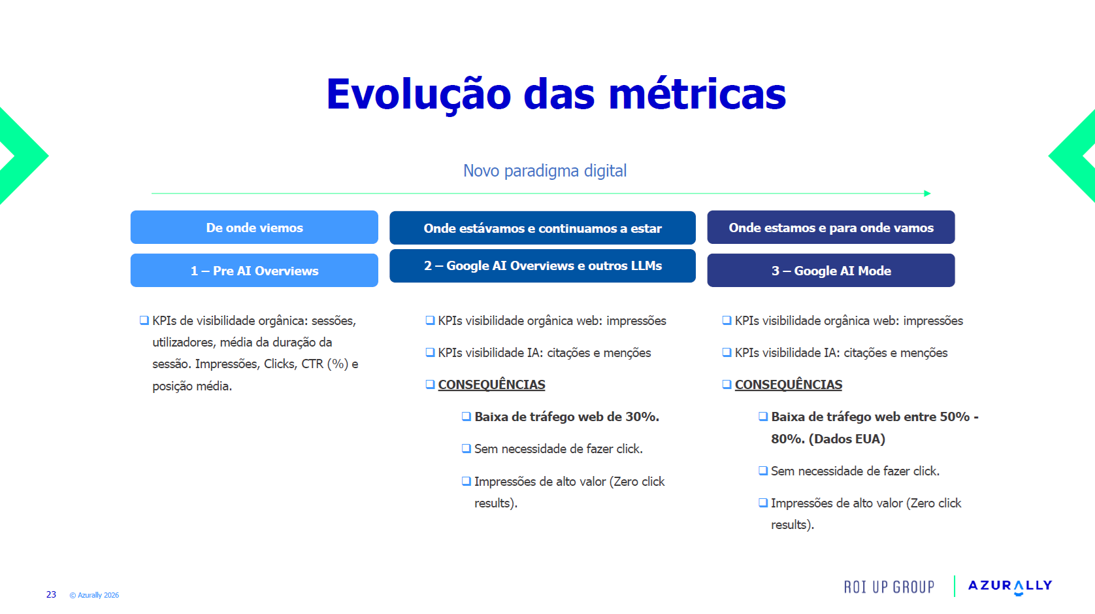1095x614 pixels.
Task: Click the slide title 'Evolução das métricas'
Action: tap(556, 94)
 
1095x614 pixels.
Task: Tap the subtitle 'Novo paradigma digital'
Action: tap(545, 171)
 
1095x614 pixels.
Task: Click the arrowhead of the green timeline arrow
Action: tap(927, 194)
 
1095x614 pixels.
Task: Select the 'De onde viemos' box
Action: tap(254, 227)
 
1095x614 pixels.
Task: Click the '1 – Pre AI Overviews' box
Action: tap(254, 270)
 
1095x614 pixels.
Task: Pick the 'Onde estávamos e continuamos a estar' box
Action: tap(543, 228)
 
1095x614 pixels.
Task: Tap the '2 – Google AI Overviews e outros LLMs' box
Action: tap(543, 265)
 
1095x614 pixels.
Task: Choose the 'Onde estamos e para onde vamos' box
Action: tap(831, 227)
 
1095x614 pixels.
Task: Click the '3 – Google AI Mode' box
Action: tap(831, 270)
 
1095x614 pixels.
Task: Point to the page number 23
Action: tap(51, 594)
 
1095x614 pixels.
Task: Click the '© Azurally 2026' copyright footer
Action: tap(94, 595)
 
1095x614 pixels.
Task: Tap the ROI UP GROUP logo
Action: tap(889, 587)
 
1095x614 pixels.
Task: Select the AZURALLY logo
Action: tap(1010, 586)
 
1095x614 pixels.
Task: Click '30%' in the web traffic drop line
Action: tap(642, 417)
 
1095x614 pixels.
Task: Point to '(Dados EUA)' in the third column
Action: tap(847, 439)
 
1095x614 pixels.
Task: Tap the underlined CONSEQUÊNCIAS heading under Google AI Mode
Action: tap(789, 384)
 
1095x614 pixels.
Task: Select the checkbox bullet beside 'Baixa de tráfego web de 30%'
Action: tap(466, 417)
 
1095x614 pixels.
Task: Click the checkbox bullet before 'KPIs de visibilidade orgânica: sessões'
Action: tap(144, 320)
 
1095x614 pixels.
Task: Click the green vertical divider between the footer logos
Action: tap(955, 586)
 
